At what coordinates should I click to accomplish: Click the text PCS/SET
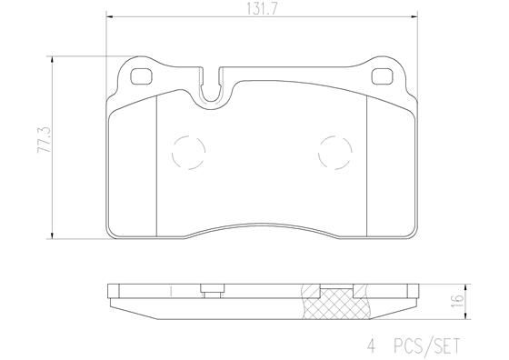[426, 345]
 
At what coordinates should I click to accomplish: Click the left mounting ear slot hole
[143, 76]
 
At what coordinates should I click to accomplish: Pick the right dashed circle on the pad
[334, 150]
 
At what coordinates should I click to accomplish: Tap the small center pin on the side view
[210, 291]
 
